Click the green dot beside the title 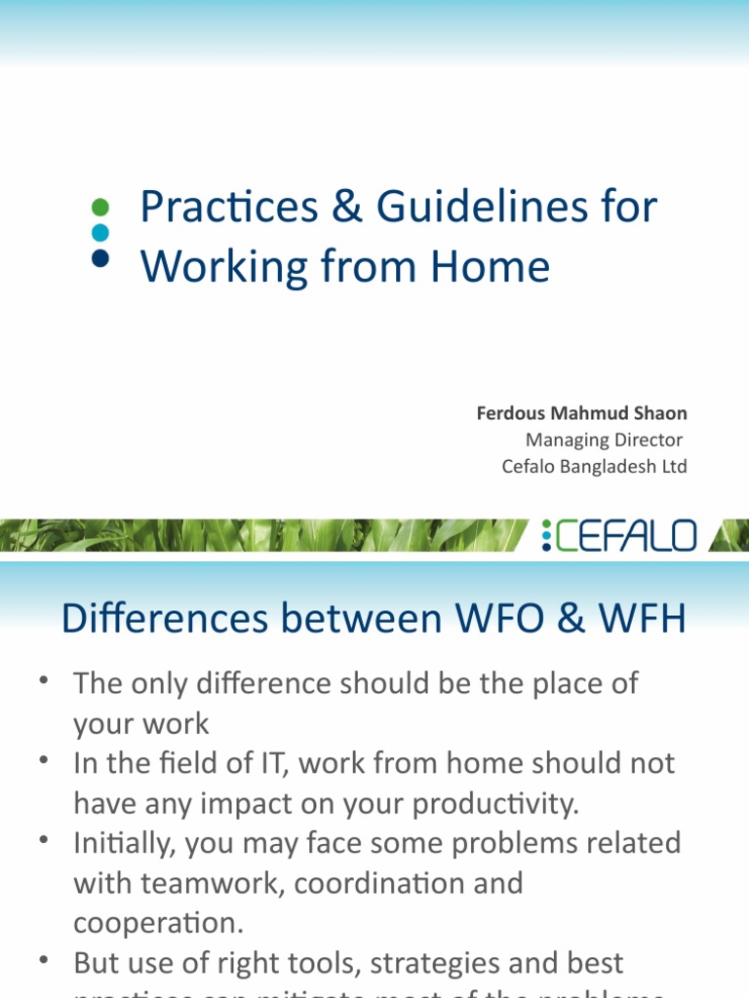(x=99, y=207)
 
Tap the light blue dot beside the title (x=99, y=232)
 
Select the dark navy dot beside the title (x=99, y=257)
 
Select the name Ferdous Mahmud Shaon (x=581, y=413)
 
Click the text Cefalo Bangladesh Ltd (x=594, y=467)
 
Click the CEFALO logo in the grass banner (x=620, y=535)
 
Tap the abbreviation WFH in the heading (x=636, y=619)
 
